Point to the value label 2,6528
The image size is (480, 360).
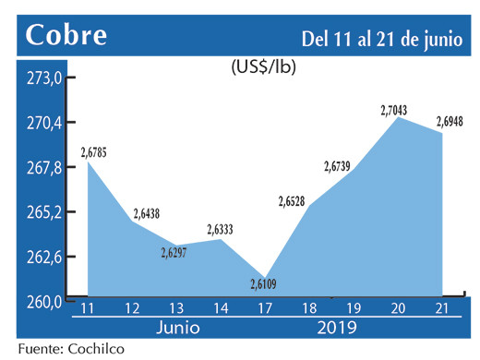coord(296,198)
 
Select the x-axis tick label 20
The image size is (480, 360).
coord(399,307)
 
